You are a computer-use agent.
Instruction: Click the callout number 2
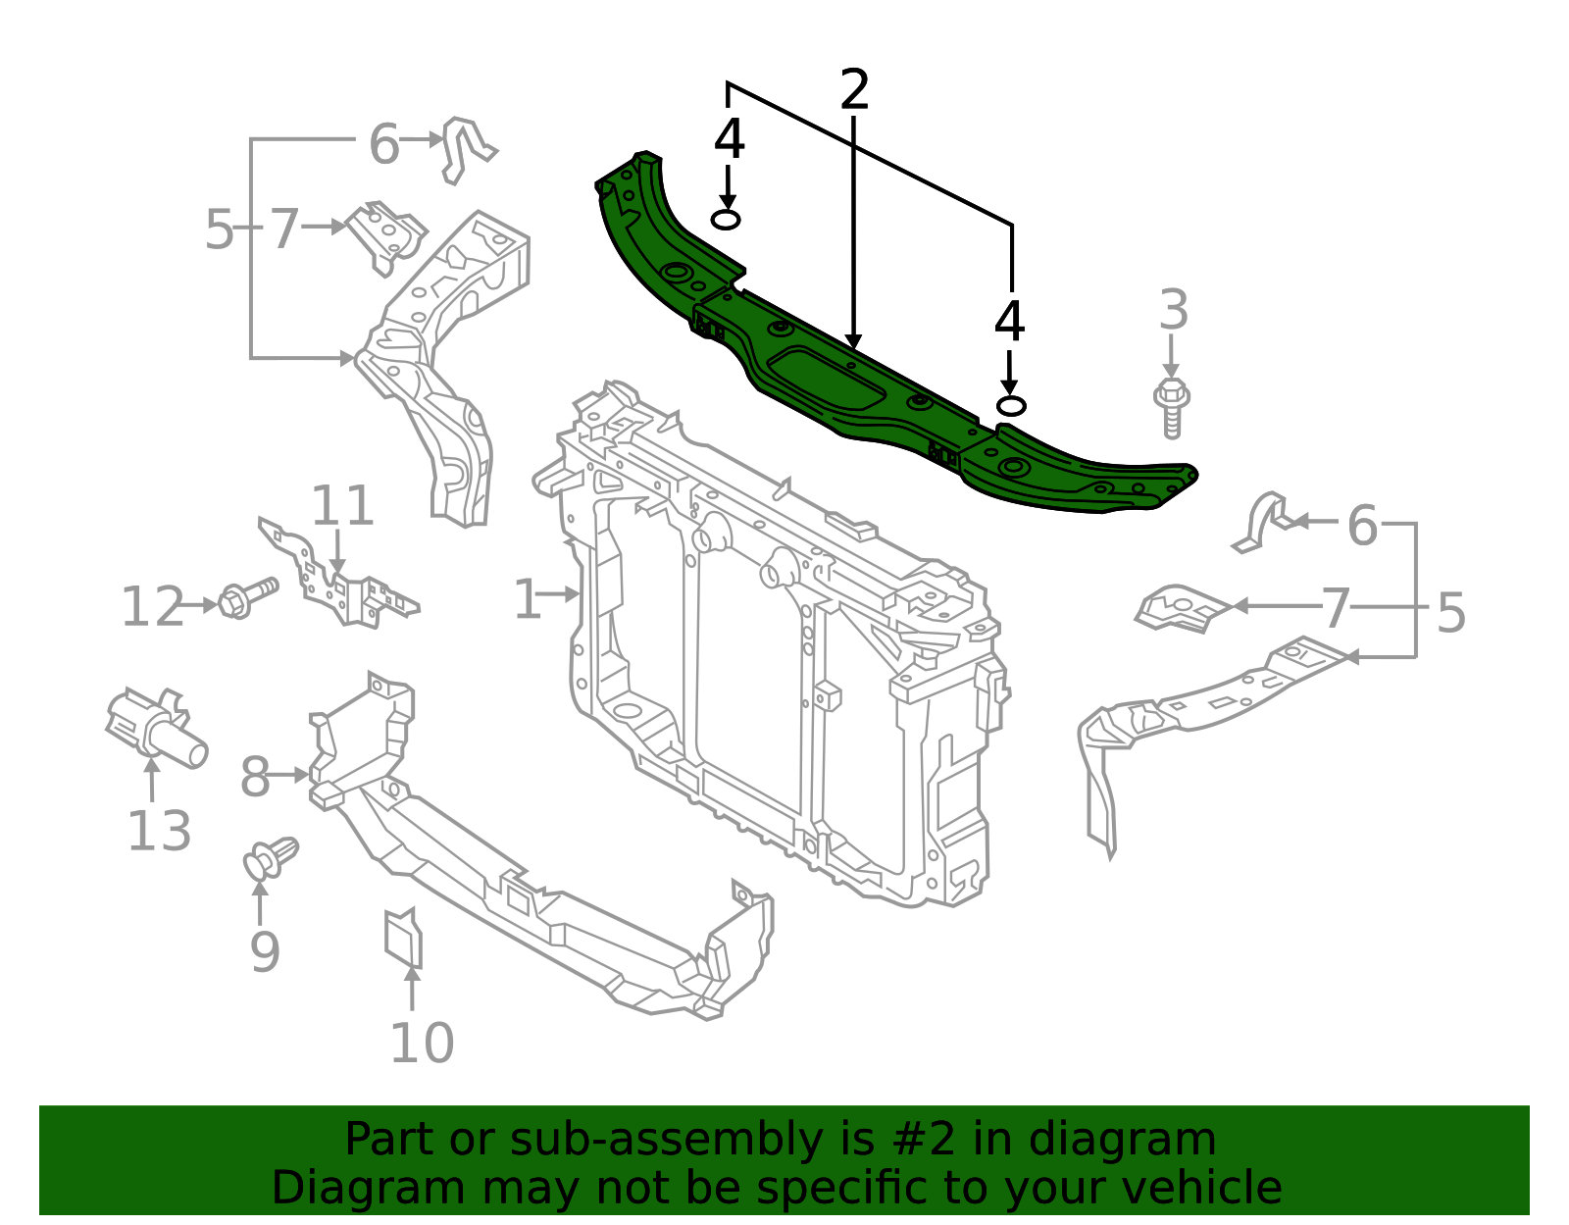(x=854, y=90)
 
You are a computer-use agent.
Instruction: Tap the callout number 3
(x=1173, y=311)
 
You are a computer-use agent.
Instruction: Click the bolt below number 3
(x=1171, y=406)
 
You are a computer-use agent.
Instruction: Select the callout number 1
(x=528, y=599)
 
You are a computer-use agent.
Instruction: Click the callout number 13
(x=159, y=832)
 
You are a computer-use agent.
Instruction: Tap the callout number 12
(x=152, y=607)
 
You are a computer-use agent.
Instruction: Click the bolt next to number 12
(x=246, y=597)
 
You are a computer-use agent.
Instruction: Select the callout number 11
(x=342, y=507)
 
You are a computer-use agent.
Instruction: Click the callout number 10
(x=422, y=1044)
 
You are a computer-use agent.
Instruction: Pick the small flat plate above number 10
(x=403, y=939)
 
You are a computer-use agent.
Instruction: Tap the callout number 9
(x=265, y=951)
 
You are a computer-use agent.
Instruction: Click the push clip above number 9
(x=270, y=857)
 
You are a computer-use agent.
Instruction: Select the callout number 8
(x=254, y=779)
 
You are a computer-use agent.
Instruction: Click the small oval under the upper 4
(x=726, y=220)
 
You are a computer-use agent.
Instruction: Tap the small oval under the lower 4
(x=1011, y=406)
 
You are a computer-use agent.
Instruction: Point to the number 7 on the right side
(x=1336, y=608)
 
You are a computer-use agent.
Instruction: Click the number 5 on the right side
(x=1450, y=613)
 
